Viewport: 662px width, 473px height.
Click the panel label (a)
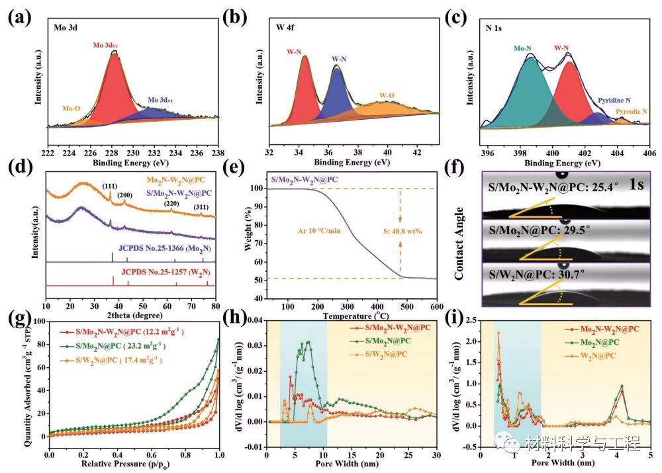pyautogui.click(x=19, y=18)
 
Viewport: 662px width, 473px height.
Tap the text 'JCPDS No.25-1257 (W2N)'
pyautogui.click(x=158, y=271)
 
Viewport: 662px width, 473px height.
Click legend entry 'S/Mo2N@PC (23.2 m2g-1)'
pyautogui.click(x=118, y=345)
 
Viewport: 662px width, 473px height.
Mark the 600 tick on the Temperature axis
pyautogui.click(x=437, y=307)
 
